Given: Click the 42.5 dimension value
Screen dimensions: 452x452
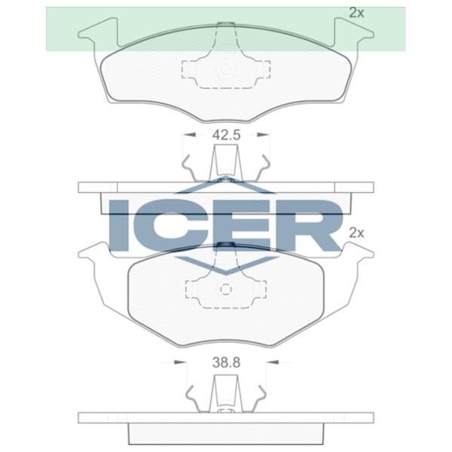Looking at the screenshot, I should pyautogui.click(x=226, y=136).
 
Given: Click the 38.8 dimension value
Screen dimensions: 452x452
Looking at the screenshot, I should pyautogui.click(x=226, y=362).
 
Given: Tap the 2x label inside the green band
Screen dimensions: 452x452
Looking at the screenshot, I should pyautogui.click(x=356, y=12).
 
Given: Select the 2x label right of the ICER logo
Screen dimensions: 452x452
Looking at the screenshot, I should pyautogui.click(x=356, y=233).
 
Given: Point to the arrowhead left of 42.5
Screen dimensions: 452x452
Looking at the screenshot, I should pyautogui.click(x=191, y=136).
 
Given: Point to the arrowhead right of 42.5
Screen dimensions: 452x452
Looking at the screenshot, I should pyautogui.click(x=262, y=136).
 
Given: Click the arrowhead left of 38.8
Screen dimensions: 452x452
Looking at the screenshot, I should pyautogui.click(x=179, y=362).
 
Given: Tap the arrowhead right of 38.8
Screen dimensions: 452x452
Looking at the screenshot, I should pyautogui.click(x=273, y=362).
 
